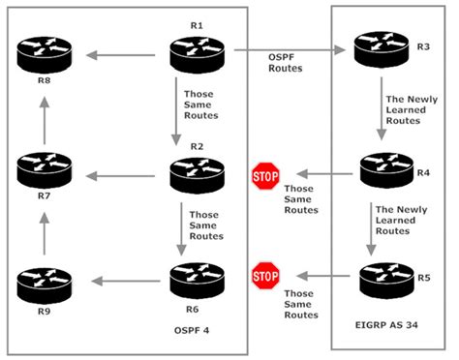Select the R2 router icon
(x=198, y=174)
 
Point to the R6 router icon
(x=198, y=282)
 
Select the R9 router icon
(x=45, y=285)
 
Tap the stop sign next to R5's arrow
(x=264, y=277)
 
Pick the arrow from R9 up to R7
(x=45, y=230)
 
